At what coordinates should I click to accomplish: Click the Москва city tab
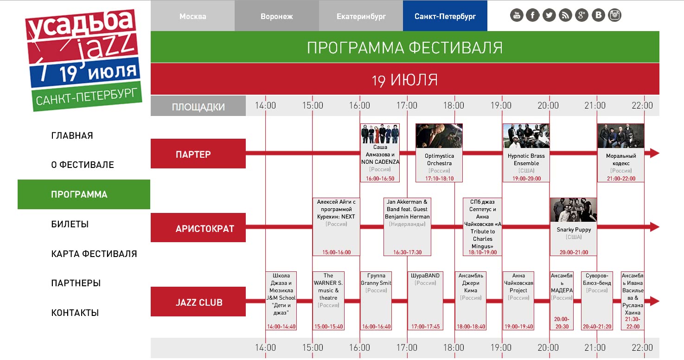point(193,16)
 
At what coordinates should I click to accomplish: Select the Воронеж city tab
point(277,16)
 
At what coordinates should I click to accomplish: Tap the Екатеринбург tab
point(361,16)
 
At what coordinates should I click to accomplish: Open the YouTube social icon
point(516,15)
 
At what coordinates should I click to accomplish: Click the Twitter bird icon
point(549,15)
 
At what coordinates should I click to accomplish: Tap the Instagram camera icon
point(615,15)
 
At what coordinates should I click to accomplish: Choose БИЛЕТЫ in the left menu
point(70,224)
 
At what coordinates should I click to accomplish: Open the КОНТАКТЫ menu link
point(75,313)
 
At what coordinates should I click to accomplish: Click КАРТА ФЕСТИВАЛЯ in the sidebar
point(94,254)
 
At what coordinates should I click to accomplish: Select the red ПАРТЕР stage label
point(198,154)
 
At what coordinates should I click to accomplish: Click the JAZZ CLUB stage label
point(198,302)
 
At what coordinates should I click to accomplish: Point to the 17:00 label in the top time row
point(407,105)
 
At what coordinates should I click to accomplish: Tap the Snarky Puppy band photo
point(574,210)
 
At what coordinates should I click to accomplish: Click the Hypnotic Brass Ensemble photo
point(526,136)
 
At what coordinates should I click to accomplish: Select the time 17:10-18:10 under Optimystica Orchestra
point(440,179)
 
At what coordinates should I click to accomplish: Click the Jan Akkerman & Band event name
point(407,209)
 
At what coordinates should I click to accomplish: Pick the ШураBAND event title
point(425,276)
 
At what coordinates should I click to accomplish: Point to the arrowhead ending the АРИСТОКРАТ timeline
point(654,227)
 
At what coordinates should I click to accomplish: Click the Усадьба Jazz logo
point(83,59)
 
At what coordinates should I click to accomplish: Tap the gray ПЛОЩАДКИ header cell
point(198,106)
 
